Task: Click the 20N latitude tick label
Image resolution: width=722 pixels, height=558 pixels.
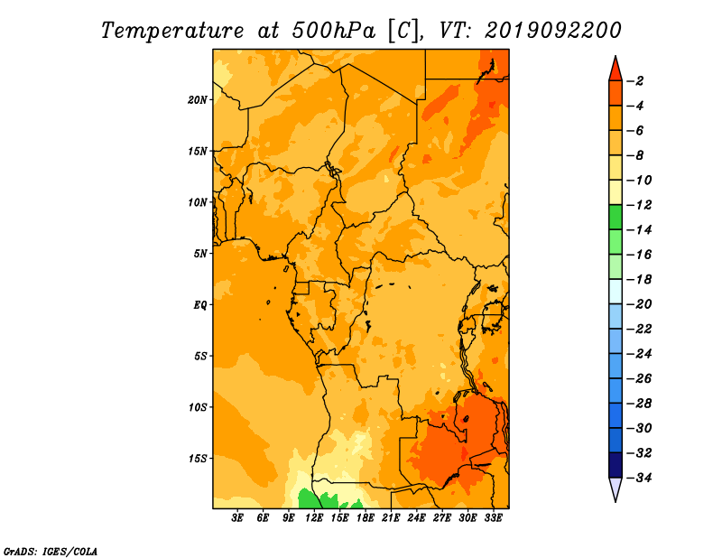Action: tap(198, 100)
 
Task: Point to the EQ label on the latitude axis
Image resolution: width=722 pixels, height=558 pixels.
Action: tap(199, 305)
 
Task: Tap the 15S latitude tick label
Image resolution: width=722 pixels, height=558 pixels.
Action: tap(198, 459)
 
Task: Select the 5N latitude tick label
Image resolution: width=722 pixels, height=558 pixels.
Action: tap(200, 254)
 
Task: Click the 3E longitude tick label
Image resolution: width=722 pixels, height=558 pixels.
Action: tap(237, 517)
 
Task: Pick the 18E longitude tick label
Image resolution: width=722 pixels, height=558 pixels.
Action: tap(366, 517)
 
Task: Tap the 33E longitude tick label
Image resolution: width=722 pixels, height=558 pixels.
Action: tap(493, 517)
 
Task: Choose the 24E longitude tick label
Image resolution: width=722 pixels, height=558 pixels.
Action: tap(416, 517)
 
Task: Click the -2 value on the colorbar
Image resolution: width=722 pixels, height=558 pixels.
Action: tap(636, 81)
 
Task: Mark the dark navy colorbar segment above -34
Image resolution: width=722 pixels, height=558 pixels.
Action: tap(616, 465)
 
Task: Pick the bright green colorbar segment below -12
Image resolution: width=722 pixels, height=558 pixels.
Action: tap(616, 218)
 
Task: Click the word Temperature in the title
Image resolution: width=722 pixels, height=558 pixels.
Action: tap(172, 31)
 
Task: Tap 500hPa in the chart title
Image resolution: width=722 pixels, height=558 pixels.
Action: tap(334, 31)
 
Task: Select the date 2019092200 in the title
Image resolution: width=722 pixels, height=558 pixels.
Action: tap(553, 31)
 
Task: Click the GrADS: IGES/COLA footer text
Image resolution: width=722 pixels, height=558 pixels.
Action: tap(51, 552)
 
